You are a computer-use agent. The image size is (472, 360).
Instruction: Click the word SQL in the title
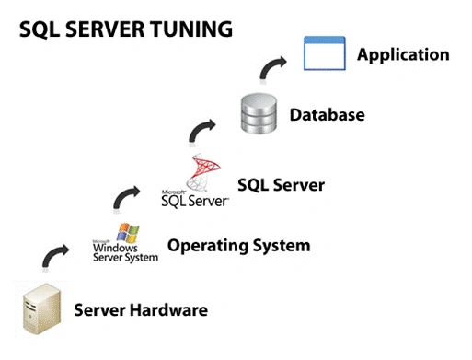pos(39,29)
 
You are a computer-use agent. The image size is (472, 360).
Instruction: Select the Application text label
pos(403,54)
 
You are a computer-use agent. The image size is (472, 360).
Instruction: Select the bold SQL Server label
pos(281,185)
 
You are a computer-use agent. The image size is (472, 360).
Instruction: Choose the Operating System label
pos(238,246)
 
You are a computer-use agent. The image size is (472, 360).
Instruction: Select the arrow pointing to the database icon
pos(201,129)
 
